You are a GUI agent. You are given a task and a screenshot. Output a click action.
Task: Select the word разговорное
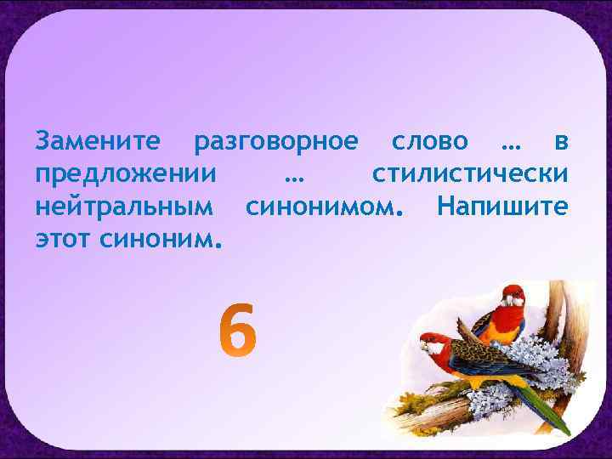click(x=276, y=141)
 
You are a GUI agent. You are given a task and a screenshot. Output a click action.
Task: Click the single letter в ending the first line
click(x=559, y=140)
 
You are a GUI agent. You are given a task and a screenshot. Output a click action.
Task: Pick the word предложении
click(x=125, y=174)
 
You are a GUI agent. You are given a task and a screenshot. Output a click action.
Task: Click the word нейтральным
click(x=123, y=207)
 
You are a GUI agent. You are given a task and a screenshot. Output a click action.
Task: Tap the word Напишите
click(x=501, y=207)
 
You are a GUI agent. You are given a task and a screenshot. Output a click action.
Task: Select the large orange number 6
click(x=236, y=331)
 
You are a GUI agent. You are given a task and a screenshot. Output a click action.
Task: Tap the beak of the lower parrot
click(x=425, y=346)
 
